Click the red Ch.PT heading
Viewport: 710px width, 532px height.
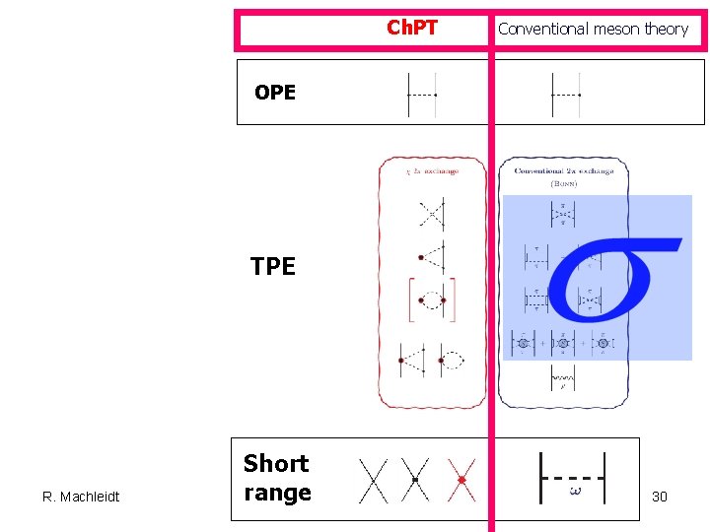coord(411,28)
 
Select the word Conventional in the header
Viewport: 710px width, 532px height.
coord(543,29)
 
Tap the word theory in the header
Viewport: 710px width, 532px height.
coord(667,29)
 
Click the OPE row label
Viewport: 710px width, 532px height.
coord(274,93)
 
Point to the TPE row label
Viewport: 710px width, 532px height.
coord(273,266)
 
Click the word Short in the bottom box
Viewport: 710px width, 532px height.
coord(276,463)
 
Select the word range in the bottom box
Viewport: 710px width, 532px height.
coord(277,493)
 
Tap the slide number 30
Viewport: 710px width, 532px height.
coord(660,497)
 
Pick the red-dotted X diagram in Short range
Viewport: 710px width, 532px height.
coord(461,480)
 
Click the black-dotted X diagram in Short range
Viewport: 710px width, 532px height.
coord(416,480)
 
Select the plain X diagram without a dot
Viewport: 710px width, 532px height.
coord(373,480)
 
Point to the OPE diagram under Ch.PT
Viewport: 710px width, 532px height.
coord(421,95)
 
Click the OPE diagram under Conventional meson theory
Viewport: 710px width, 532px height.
coord(565,95)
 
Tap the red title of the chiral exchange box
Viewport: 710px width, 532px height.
coord(433,171)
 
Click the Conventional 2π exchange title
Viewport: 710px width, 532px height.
coord(564,171)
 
